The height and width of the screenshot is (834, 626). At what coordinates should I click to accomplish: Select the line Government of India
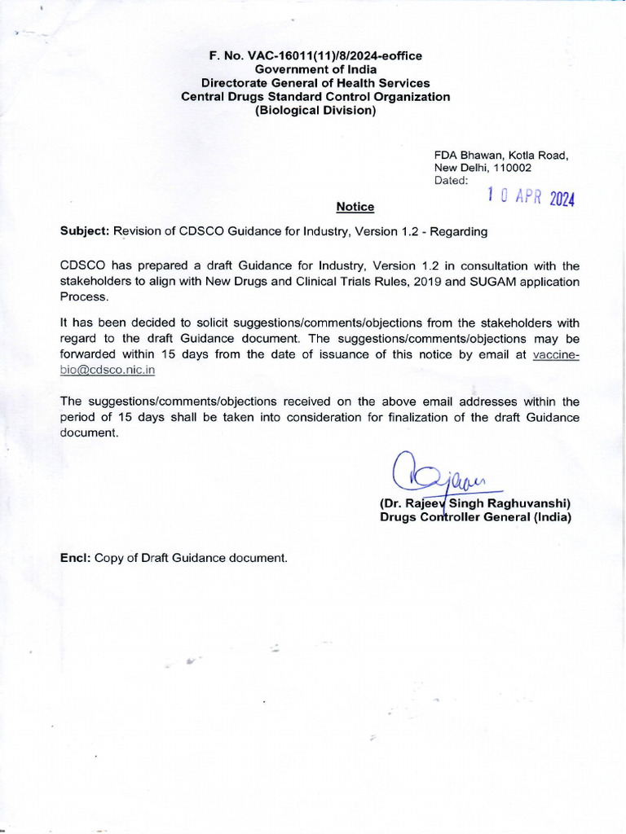(315, 69)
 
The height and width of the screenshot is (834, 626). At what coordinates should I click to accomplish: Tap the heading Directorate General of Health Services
(315, 83)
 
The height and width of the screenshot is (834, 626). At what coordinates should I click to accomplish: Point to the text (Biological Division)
(315, 110)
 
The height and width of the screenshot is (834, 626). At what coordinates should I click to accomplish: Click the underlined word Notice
(355, 208)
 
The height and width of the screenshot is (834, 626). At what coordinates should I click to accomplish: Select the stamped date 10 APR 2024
(530, 196)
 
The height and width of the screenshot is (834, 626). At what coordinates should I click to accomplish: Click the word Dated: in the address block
(452, 180)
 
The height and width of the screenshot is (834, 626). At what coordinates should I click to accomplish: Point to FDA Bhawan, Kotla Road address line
(500, 154)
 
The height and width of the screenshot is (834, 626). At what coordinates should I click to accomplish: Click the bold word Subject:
(85, 231)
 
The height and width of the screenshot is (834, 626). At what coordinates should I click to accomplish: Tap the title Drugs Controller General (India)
(475, 517)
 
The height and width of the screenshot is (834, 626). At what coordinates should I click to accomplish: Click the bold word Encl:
(76, 558)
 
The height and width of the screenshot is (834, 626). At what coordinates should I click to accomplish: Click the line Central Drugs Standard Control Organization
(315, 96)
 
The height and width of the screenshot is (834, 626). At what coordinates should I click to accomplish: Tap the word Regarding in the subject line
(460, 231)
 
